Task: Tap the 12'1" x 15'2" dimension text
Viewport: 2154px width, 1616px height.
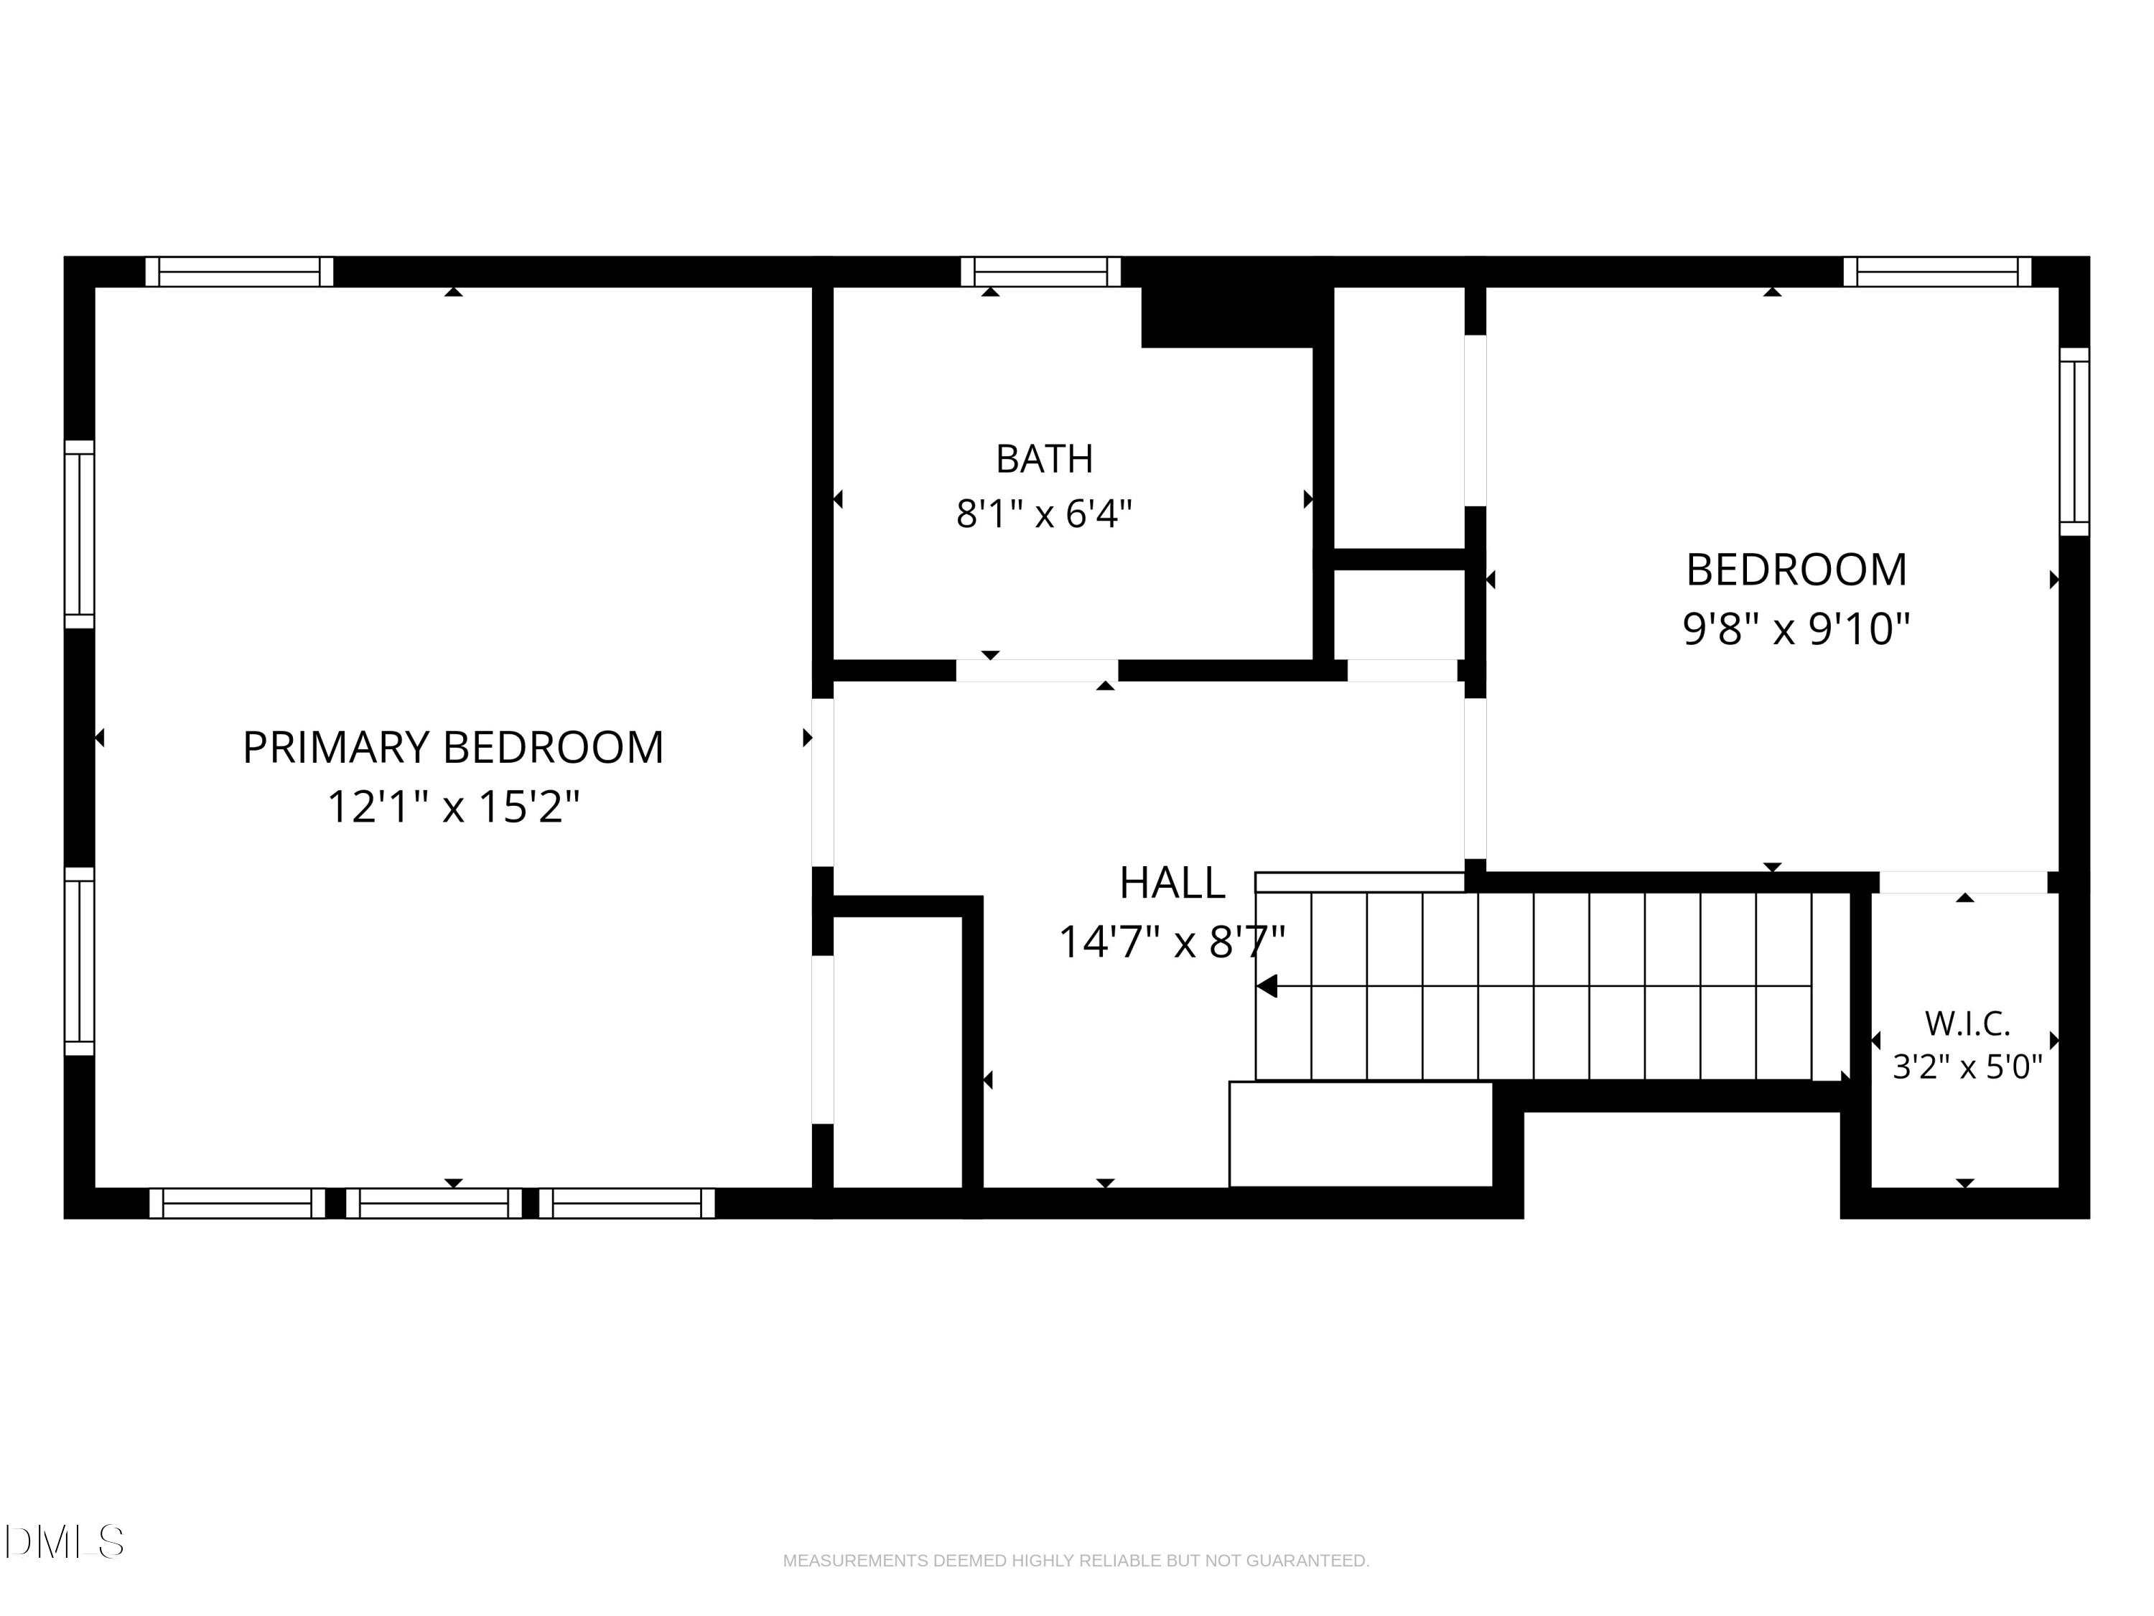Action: (453, 807)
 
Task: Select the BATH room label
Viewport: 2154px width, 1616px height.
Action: (1044, 459)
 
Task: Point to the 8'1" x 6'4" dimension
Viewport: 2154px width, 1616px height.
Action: (1044, 514)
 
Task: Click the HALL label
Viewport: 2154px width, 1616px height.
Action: (1172, 883)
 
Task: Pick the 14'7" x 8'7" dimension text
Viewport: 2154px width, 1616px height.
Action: (1172, 942)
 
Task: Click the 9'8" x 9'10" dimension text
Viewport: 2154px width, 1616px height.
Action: (1796, 628)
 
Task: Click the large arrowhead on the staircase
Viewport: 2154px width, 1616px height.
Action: (1266, 986)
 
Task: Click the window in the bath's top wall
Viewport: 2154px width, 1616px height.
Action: (1040, 271)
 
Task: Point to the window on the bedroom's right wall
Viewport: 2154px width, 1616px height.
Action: (2074, 441)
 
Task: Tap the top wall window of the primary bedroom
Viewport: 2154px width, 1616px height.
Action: (238, 271)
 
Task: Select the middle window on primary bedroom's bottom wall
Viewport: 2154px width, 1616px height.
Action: (434, 1203)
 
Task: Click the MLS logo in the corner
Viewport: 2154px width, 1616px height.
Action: (65, 1541)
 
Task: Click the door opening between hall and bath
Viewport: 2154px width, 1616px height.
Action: (1036, 670)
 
